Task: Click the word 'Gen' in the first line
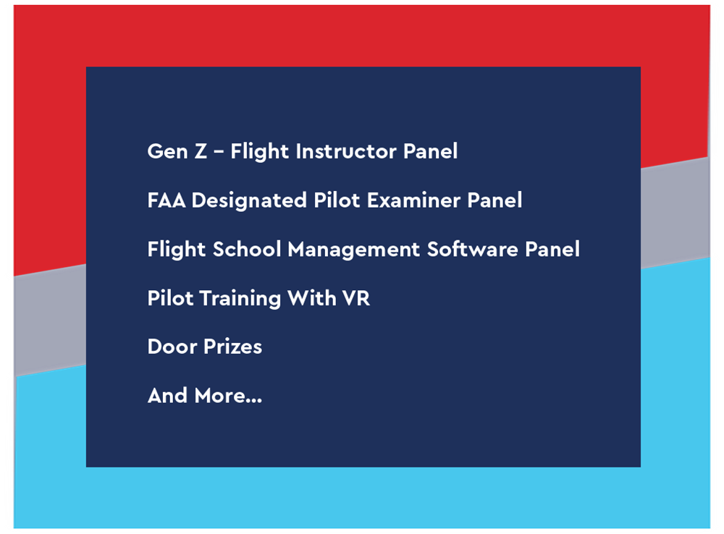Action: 168,151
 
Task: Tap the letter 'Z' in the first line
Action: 201,151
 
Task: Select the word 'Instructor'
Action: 346,151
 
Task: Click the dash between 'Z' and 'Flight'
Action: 219,152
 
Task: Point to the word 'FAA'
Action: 167,200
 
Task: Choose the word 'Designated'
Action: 249,200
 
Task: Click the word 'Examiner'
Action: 413,200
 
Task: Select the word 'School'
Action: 247,249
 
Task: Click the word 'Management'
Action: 354,250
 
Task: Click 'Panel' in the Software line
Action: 552,249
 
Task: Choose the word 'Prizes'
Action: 233,347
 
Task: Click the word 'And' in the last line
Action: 168,396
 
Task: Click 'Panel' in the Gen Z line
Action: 430,151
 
